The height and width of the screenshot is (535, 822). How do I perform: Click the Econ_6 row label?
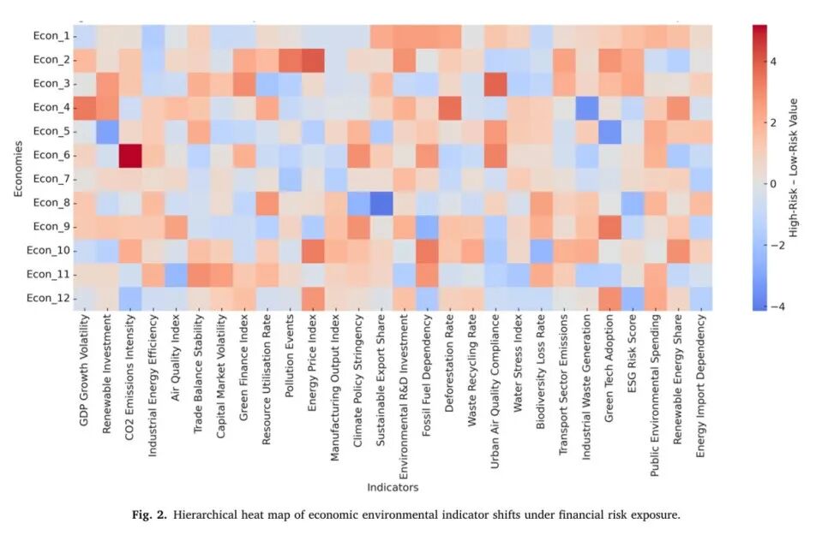point(48,157)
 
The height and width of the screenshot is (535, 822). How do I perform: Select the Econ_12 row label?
point(45,298)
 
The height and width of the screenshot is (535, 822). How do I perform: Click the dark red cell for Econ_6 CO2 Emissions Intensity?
point(129,157)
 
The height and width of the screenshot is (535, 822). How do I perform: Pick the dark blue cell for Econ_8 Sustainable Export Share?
point(381,203)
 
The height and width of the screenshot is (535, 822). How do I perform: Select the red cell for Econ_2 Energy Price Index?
point(313,61)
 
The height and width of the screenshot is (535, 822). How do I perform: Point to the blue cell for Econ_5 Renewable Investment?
point(107,133)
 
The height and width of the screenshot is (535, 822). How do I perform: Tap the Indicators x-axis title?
point(393,487)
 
